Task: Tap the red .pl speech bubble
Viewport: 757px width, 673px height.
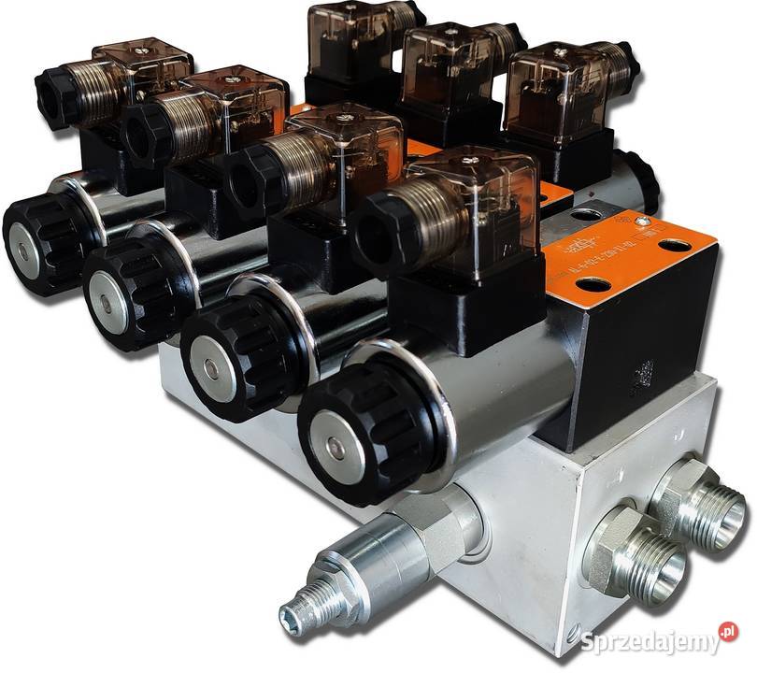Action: (728, 633)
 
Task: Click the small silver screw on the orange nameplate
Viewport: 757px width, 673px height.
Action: (642, 222)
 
